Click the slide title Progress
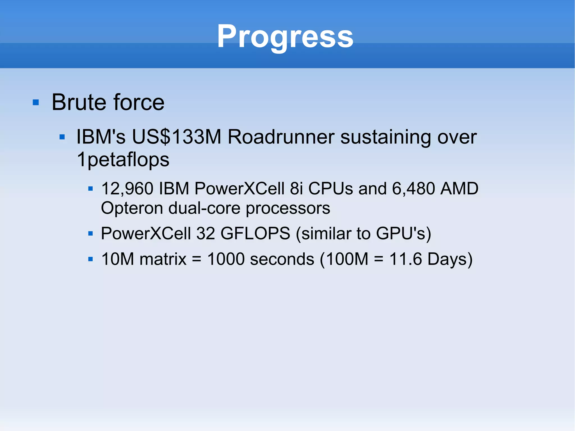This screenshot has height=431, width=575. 285,37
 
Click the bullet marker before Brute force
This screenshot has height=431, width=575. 36,102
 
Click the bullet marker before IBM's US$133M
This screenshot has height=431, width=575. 62,137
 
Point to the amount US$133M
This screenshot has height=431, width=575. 177,137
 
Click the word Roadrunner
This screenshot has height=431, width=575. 280,137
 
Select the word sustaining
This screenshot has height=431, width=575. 386,138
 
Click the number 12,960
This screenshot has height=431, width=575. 127,189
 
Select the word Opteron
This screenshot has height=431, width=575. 132,208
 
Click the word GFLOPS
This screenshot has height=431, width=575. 255,233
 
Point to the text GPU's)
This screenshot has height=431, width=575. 403,233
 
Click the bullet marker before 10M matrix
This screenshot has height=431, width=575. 90,259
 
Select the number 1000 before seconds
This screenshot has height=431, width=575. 226,259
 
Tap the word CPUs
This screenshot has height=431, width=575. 330,188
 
